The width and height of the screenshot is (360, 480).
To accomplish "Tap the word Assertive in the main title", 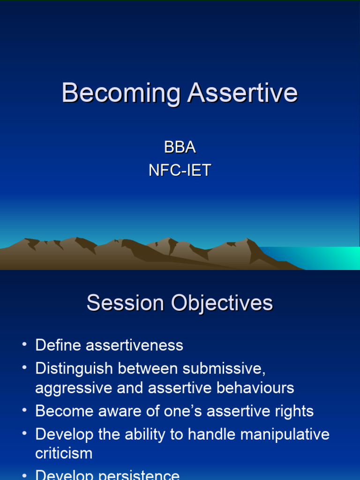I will [x=242, y=93].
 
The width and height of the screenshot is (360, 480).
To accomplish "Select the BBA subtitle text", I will [x=180, y=147].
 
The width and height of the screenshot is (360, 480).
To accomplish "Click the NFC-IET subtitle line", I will [x=180, y=170].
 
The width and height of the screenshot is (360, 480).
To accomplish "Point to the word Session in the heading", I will [x=125, y=303].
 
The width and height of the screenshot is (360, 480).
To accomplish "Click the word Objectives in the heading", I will [x=222, y=303].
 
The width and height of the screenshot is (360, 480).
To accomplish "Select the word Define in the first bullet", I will [x=58, y=345].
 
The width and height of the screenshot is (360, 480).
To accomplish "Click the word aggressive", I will [x=71, y=388].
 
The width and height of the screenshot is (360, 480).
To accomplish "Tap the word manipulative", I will [x=285, y=435].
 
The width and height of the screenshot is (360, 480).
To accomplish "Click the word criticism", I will [x=64, y=453].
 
